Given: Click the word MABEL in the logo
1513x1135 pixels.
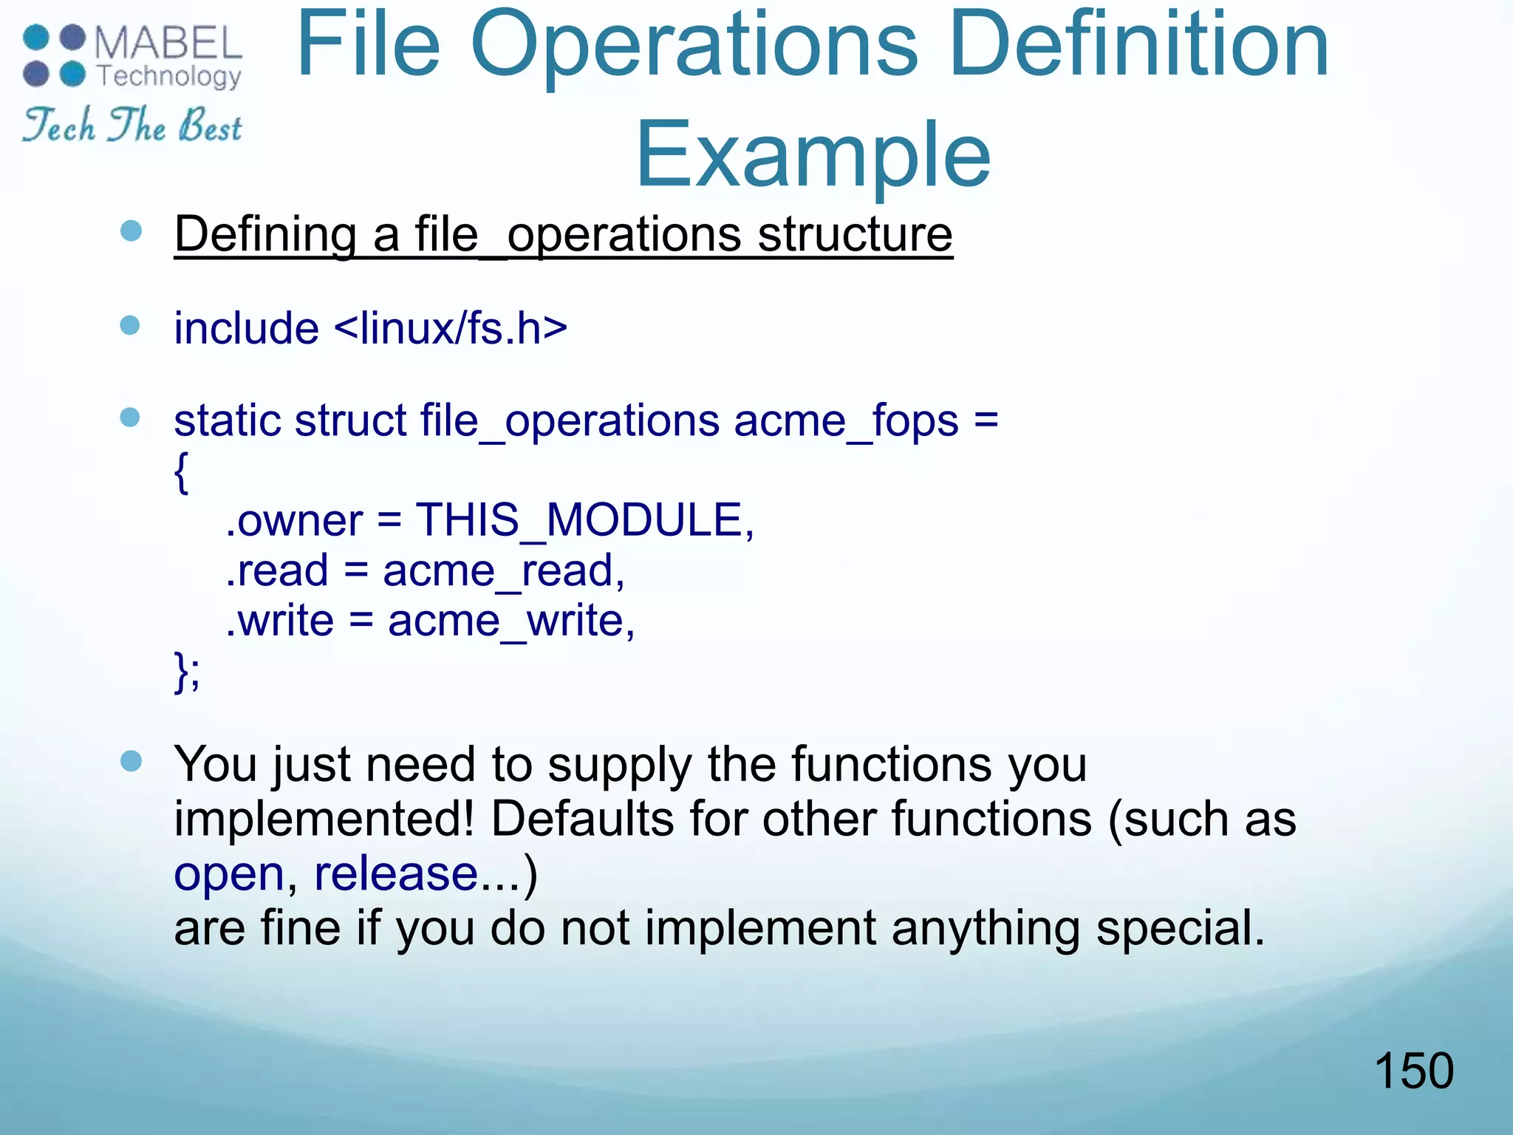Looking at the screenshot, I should click(x=168, y=43).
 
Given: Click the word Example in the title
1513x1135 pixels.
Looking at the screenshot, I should click(x=813, y=155).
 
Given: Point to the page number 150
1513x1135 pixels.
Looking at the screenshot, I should click(x=1413, y=1071).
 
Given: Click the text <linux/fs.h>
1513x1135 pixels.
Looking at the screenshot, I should click(x=451, y=328).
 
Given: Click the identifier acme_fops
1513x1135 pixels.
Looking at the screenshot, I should click(x=846, y=420).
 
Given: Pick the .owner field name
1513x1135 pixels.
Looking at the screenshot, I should click(x=294, y=520).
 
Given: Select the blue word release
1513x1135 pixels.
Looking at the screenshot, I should click(x=396, y=873).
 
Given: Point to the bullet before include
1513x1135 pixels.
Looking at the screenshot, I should click(x=130, y=325).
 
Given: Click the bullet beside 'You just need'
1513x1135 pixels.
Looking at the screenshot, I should click(x=131, y=761).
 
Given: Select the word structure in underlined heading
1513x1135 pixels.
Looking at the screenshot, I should click(x=855, y=235).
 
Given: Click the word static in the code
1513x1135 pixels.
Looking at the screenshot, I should click(x=226, y=420).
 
